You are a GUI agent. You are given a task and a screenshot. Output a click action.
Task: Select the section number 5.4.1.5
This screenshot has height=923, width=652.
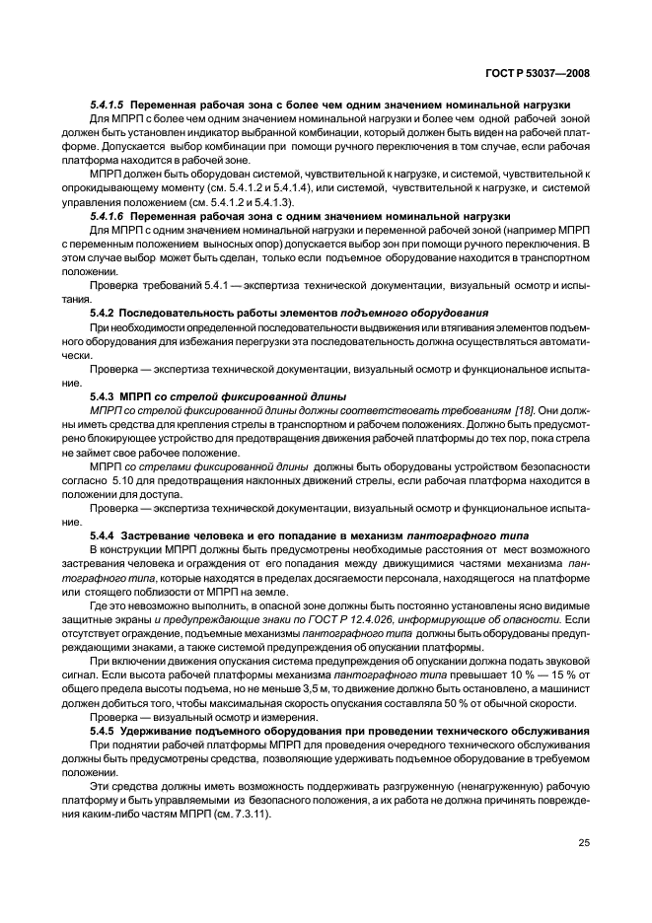point(109,105)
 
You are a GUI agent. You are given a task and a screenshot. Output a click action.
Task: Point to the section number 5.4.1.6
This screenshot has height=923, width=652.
point(109,214)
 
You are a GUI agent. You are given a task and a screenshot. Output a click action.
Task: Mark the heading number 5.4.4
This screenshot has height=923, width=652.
point(104,532)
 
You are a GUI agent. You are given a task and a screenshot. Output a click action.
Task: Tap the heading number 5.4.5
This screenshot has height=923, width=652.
point(104,729)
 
